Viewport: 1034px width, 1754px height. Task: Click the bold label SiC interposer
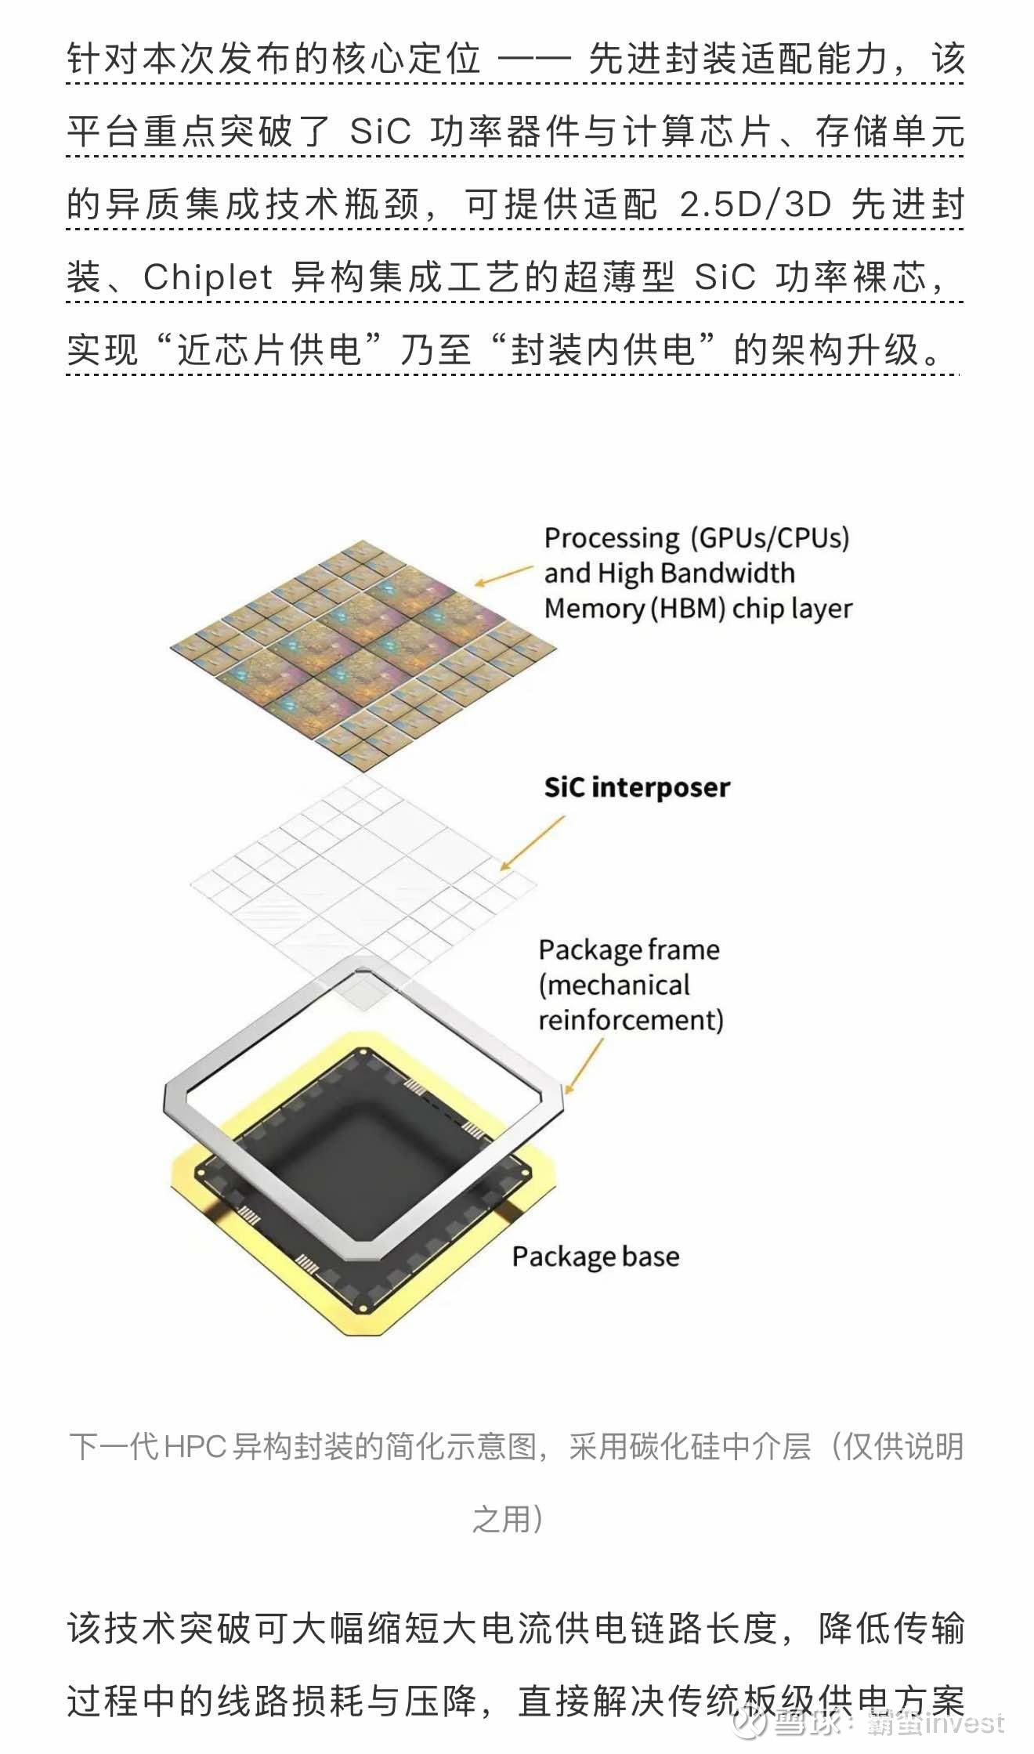637,787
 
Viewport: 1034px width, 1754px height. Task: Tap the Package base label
595,1257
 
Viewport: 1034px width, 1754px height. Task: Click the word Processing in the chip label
612,539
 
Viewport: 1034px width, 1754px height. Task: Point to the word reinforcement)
631,1020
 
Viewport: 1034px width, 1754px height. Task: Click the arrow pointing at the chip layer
504,576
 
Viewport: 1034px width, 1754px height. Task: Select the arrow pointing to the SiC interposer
533,843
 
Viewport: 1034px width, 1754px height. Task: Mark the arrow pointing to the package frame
584,1066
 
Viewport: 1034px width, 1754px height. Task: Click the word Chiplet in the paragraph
208,277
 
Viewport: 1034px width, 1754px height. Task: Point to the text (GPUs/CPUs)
770,539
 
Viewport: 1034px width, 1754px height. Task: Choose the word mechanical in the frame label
614,985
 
